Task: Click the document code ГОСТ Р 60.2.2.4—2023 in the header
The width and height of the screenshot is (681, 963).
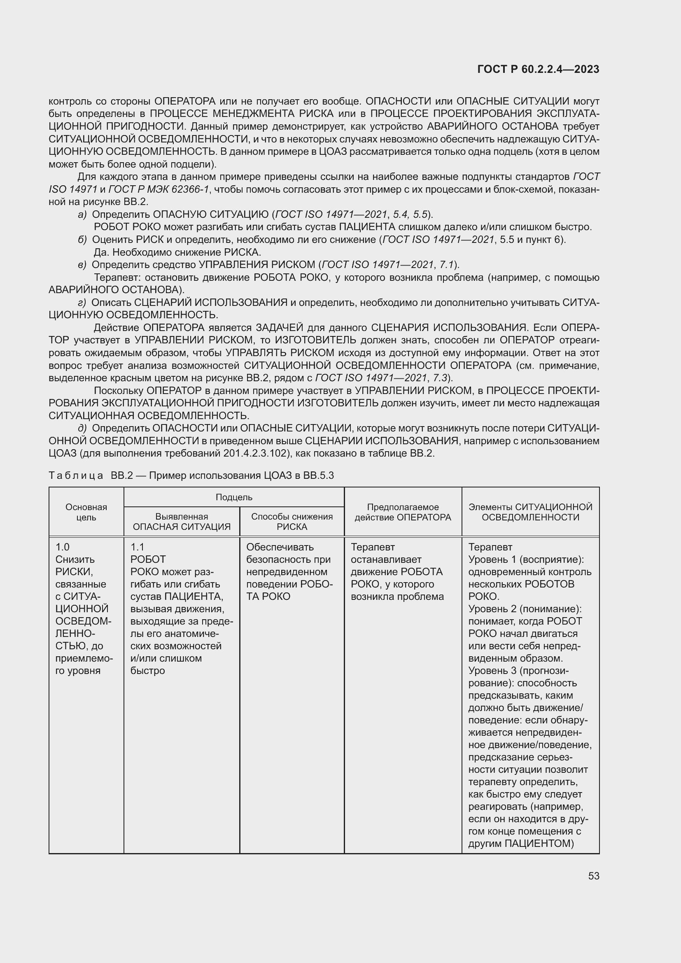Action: (538, 69)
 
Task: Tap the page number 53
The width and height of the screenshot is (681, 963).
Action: (593, 876)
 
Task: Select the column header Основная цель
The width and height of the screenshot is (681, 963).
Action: (86, 512)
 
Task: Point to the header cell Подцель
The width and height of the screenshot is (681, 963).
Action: (233, 497)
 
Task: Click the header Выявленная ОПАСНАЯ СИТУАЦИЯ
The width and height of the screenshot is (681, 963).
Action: (182, 521)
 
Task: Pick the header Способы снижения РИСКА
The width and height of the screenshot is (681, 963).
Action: (292, 521)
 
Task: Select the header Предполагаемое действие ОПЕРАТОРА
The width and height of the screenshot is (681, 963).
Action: (403, 512)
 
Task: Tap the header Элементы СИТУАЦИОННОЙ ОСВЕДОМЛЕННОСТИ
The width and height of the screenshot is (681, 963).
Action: (530, 512)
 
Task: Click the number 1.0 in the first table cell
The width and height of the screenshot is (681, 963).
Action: (63, 547)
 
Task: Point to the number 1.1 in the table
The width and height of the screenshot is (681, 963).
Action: (137, 547)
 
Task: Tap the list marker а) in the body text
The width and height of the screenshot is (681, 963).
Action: (82, 215)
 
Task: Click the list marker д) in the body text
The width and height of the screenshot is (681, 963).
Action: (82, 428)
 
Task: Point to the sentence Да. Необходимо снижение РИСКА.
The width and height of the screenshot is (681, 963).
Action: (177, 252)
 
